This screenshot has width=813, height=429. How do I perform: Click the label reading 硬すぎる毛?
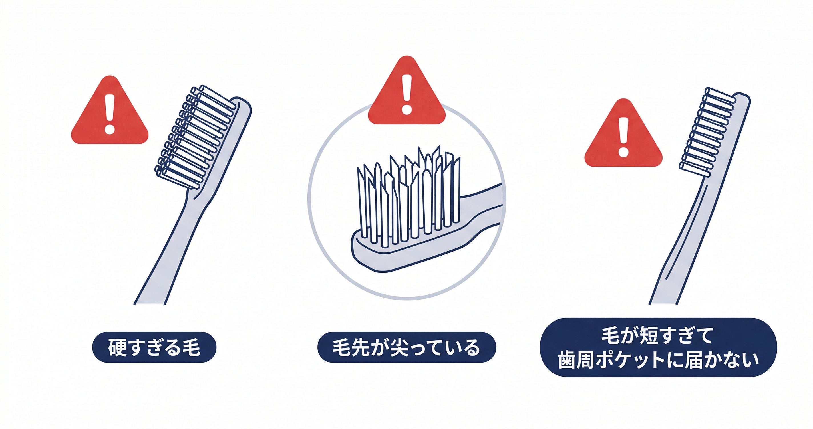[154, 347]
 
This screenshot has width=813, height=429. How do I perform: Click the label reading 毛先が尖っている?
[406, 347]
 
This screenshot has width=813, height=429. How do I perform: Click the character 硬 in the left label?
[117, 347]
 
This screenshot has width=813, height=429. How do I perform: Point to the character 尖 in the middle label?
[399, 348]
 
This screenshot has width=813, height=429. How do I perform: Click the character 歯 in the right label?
[567, 360]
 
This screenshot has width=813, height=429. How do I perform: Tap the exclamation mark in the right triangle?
[623, 137]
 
